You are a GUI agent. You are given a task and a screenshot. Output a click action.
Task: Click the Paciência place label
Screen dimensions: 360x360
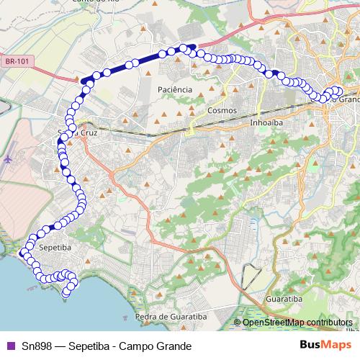[174, 89]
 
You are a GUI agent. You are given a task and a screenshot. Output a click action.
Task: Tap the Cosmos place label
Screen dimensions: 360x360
[221, 111]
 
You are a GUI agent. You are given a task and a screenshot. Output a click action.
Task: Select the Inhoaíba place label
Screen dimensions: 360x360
[264, 122]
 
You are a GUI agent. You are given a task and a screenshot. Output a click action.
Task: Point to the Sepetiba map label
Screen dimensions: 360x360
[54, 247]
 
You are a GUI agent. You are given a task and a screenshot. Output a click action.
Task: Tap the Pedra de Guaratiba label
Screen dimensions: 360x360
[167, 316]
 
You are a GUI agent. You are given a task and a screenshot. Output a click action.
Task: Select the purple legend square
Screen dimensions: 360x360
[9, 346]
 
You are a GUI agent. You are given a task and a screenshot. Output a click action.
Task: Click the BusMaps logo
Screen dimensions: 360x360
[325, 346]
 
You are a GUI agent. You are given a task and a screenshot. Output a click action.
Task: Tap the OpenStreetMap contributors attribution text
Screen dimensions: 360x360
[297, 323]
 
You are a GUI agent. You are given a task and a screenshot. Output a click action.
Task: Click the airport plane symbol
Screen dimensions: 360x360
[8, 158]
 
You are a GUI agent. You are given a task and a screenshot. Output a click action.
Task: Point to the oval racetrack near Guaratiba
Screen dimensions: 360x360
[251, 275]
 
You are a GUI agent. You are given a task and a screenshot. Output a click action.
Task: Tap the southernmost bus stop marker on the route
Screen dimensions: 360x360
[66, 293]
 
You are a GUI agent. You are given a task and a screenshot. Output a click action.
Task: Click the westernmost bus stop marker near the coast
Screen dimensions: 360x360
[22, 252]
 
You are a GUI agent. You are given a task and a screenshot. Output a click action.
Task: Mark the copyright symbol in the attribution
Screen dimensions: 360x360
[238, 323]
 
